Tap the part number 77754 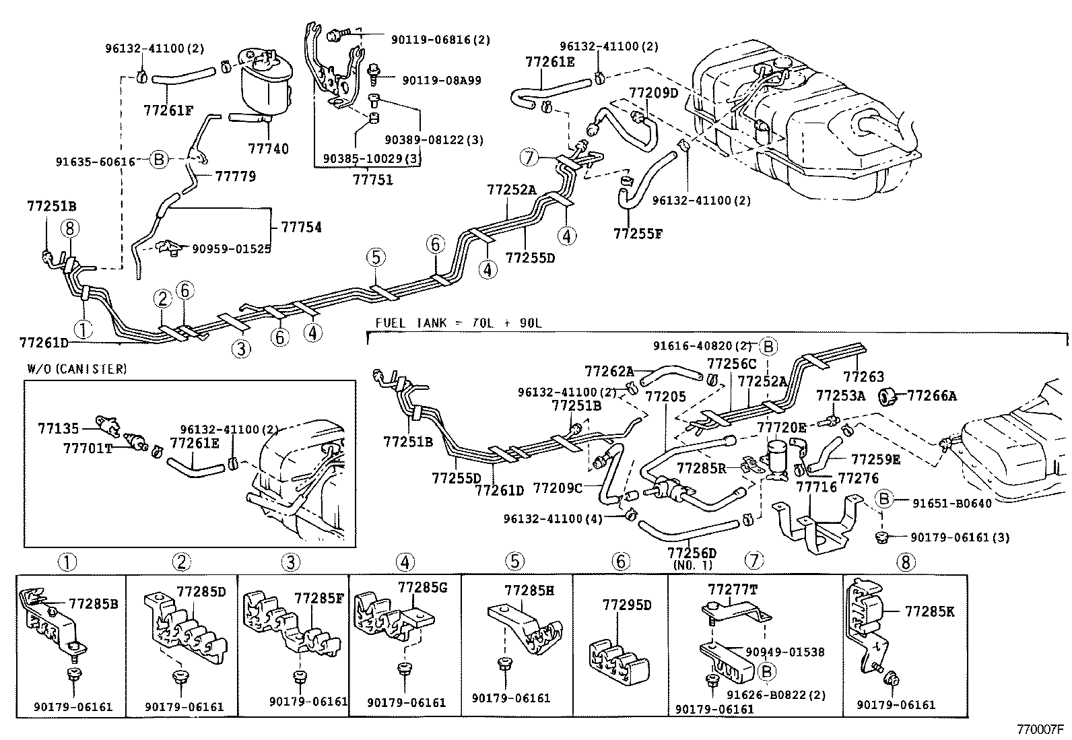click(x=301, y=227)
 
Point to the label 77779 click(x=236, y=176)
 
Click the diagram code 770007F click(x=1040, y=729)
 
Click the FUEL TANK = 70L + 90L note click(x=458, y=323)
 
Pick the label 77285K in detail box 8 click(x=929, y=611)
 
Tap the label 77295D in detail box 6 click(x=627, y=605)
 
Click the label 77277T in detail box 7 click(x=733, y=589)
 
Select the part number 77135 click(x=58, y=428)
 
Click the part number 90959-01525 click(x=232, y=248)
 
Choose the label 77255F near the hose click(x=638, y=234)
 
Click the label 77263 click(x=864, y=377)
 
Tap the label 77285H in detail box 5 click(x=529, y=591)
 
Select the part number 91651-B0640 click(x=952, y=503)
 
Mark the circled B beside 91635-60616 click(x=158, y=160)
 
